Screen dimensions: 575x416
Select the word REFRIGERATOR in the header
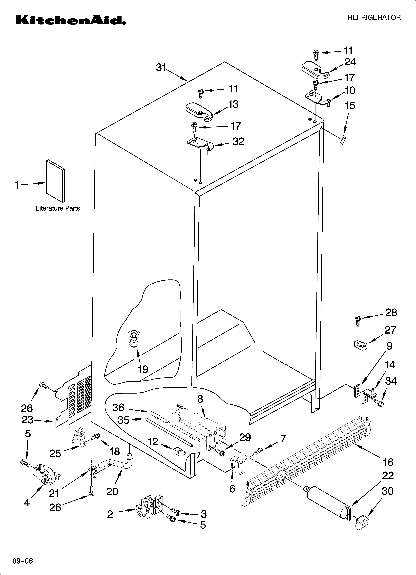[x=374, y=18]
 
